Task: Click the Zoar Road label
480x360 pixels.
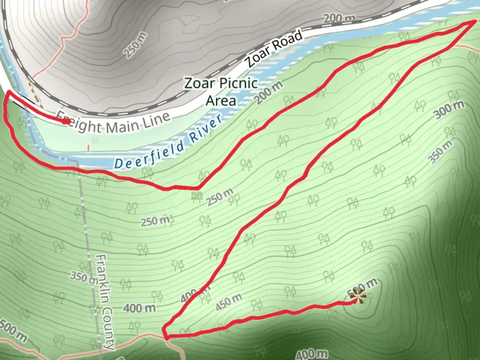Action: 274,49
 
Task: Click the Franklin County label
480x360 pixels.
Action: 105,302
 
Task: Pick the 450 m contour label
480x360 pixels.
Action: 229,302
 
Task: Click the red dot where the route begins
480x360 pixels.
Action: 66,122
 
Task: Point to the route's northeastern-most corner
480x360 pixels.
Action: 475,21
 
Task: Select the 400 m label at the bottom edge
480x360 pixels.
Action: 312,354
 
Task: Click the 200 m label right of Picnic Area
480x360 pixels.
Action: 270,92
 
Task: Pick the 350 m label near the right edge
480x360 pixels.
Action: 440,152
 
